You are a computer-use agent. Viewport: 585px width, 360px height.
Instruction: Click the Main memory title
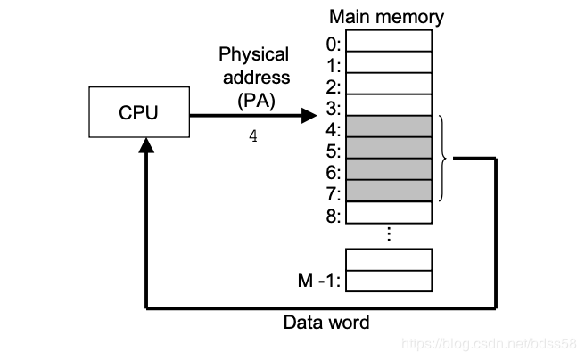click(x=386, y=17)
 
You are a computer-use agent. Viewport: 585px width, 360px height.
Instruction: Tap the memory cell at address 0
click(x=389, y=41)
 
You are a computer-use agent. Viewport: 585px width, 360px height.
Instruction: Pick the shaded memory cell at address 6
click(x=389, y=168)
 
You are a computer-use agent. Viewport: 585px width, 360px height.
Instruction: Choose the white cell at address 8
click(x=389, y=212)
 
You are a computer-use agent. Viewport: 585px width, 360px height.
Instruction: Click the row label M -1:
click(x=319, y=282)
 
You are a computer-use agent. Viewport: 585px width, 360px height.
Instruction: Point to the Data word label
click(x=325, y=323)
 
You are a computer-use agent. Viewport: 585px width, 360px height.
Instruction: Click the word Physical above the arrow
click(x=253, y=55)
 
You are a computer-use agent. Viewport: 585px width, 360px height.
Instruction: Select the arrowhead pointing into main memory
click(x=309, y=115)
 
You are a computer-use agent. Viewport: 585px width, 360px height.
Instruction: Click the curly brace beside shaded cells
click(x=441, y=158)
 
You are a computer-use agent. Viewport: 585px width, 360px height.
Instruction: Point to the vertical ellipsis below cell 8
click(x=389, y=234)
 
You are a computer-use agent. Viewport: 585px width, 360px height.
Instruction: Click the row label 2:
click(x=333, y=86)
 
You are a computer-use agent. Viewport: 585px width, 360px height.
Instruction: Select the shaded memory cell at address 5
click(x=389, y=147)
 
